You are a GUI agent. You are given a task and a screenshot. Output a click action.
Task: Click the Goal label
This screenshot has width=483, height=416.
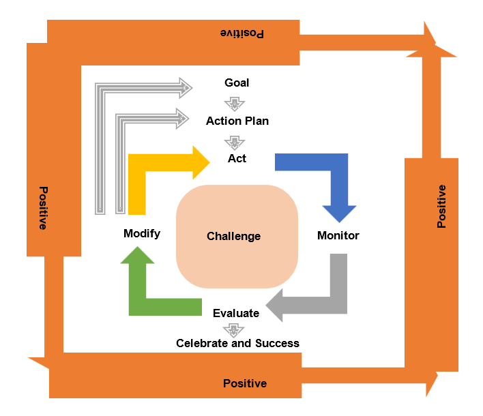coord(237,83)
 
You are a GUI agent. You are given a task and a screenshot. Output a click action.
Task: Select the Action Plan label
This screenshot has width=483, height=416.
coord(237,121)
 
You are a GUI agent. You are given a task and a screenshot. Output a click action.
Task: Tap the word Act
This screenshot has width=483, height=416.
coord(237,159)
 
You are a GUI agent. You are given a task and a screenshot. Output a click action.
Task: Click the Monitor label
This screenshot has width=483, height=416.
coord(338,236)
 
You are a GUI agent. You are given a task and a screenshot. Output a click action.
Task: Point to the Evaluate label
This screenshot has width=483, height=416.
coord(236,314)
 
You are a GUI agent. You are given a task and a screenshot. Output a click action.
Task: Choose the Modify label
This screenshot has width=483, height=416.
coord(142,234)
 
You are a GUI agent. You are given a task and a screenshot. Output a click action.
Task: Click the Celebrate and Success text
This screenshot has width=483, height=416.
coord(237,343)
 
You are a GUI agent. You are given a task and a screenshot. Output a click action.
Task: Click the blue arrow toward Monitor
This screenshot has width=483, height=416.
coord(327,177)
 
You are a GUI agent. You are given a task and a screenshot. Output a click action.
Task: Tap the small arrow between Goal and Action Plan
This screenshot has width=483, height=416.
coord(235,104)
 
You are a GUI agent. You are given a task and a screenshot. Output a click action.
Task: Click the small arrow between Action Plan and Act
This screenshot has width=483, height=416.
coord(235,141)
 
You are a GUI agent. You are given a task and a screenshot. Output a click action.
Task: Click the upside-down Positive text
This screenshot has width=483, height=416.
coord(241,33)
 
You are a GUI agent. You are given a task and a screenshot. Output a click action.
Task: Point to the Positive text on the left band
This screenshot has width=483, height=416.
coord(43,208)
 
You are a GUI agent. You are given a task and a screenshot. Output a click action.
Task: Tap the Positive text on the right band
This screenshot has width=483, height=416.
coord(441,206)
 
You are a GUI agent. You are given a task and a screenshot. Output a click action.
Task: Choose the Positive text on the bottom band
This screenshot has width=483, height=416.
coord(245,383)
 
